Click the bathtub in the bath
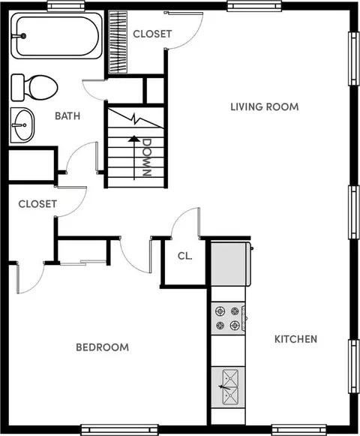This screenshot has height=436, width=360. [56, 35]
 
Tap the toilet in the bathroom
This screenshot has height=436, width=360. [34, 87]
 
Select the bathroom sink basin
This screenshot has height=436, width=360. [22, 125]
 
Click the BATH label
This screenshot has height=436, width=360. [67, 116]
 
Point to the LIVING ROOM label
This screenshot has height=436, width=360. [265, 107]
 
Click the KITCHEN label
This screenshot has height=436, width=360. [295, 339]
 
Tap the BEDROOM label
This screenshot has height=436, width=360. [102, 347]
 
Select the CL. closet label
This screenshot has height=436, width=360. [184, 256]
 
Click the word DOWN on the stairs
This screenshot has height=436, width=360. [146, 157]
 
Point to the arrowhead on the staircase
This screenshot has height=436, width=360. [134, 139]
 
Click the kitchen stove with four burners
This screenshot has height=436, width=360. [228, 318]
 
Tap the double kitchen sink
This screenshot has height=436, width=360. [230, 387]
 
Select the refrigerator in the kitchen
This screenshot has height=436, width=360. [231, 264]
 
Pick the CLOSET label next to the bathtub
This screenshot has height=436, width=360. [152, 34]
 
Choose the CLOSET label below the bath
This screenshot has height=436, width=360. [37, 204]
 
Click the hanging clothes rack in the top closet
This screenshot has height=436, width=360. [118, 42]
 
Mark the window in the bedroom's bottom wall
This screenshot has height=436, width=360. [119, 430]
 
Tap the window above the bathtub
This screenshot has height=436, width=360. [66, 5]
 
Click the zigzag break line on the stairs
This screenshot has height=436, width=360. [136, 119]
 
